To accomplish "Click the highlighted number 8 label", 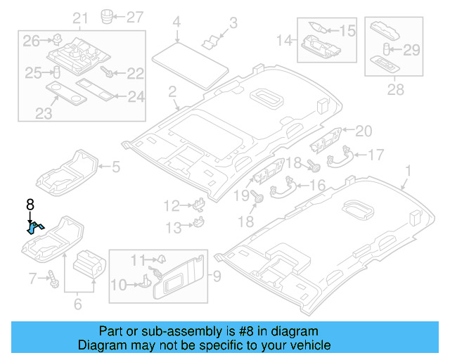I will tap(30, 205).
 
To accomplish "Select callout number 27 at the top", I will tap(133, 16).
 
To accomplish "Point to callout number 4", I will tap(177, 22).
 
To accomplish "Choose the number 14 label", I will tap(285, 41).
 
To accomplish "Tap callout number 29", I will tap(411, 49).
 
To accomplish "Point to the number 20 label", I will tap(363, 130).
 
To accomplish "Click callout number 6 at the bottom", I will tap(77, 304).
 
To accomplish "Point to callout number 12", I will tap(172, 205).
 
